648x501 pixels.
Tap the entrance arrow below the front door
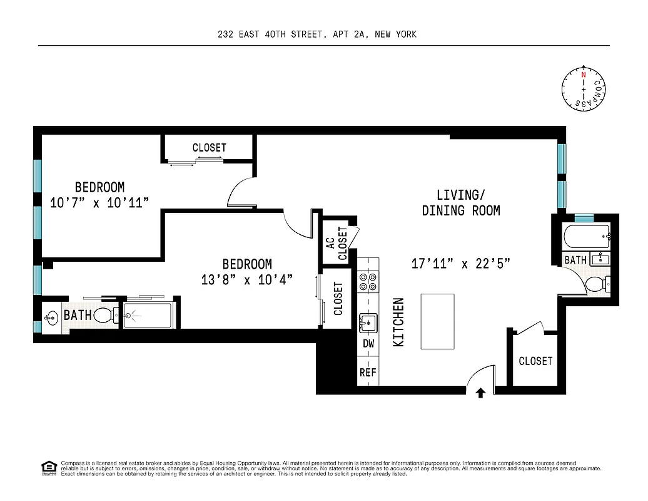click(x=480, y=393)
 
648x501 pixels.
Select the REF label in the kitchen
click(x=368, y=372)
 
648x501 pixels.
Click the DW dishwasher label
click(x=368, y=343)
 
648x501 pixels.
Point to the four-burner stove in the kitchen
click(x=368, y=281)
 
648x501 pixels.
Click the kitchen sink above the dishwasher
click(x=368, y=323)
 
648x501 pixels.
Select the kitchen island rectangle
click(x=438, y=321)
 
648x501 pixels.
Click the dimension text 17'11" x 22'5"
click(x=461, y=264)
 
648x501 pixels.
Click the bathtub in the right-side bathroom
click(x=586, y=238)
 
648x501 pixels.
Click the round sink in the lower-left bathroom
click(x=51, y=315)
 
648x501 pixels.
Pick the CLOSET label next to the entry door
click(x=535, y=361)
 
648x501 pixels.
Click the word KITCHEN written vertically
click(x=398, y=322)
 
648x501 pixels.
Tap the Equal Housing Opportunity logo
click(x=48, y=467)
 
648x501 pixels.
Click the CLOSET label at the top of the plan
click(x=209, y=148)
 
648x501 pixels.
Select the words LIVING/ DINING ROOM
click(x=461, y=202)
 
